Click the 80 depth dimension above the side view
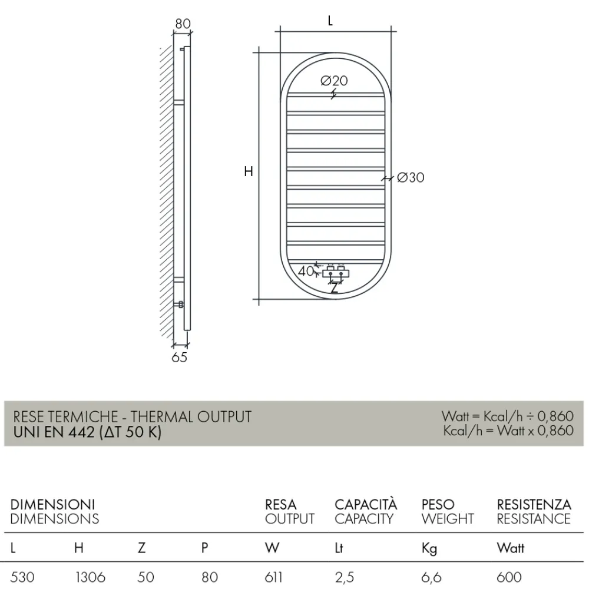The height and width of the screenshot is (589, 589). click(183, 24)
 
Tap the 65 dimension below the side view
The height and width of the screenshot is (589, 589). click(179, 358)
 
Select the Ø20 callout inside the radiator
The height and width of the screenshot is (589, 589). click(335, 81)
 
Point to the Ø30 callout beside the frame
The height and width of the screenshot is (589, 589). click(411, 177)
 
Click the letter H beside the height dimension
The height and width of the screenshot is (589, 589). click(249, 172)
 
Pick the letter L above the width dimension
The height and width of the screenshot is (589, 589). click(330, 21)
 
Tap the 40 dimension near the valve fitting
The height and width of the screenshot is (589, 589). click(305, 272)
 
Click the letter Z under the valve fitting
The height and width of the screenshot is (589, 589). click(335, 289)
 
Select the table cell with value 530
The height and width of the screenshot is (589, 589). click(23, 577)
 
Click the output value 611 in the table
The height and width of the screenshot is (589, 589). click(274, 577)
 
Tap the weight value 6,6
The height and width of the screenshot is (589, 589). click(431, 577)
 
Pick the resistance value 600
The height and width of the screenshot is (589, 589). click(509, 577)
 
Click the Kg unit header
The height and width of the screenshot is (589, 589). click(429, 549)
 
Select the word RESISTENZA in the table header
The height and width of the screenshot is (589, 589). click(534, 505)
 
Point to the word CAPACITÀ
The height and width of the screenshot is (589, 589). click(366, 505)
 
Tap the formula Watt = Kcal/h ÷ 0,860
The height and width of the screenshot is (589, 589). click(507, 417)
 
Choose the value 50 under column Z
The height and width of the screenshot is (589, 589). click(145, 577)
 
